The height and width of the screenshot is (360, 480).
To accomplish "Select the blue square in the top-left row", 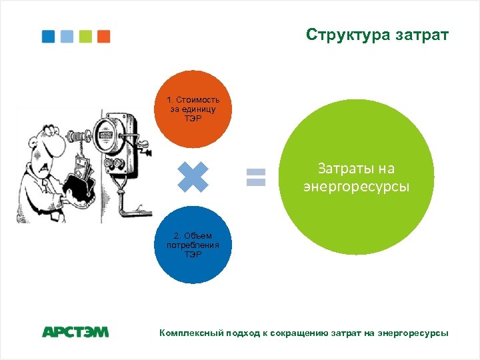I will pyautogui.click(x=49, y=36).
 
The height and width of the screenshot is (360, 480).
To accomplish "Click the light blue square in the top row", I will pyautogui.click(x=67, y=36).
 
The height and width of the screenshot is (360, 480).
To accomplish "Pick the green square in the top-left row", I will pyautogui.click(x=85, y=36).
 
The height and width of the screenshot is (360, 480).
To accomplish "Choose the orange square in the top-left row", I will pyautogui.click(x=103, y=36).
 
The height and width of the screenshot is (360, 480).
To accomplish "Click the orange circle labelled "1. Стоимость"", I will pyautogui.click(x=193, y=109).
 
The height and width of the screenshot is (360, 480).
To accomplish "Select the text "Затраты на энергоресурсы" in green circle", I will pyautogui.click(x=356, y=178).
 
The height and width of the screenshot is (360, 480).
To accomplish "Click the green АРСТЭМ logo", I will pyautogui.click(x=75, y=331).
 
